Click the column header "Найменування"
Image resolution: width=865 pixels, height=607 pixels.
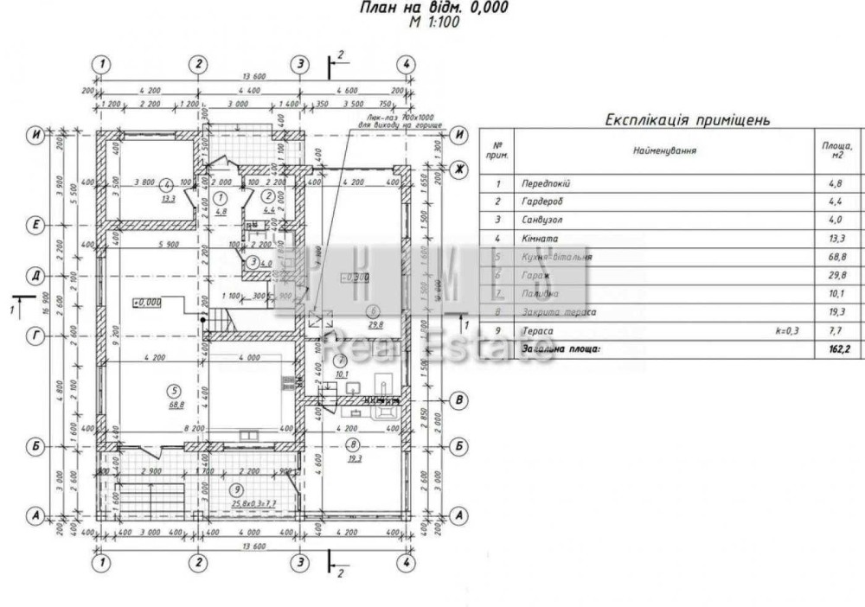click(663, 150)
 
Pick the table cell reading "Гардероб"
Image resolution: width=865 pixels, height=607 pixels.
click(542, 202)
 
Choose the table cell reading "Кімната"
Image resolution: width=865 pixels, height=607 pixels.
click(540, 239)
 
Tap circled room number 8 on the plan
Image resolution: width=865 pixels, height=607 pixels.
click(352, 444)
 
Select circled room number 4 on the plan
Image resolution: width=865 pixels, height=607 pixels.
click(168, 183)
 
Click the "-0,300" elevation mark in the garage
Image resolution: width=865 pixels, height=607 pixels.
click(356, 278)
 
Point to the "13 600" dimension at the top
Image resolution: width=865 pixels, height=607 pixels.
click(253, 77)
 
